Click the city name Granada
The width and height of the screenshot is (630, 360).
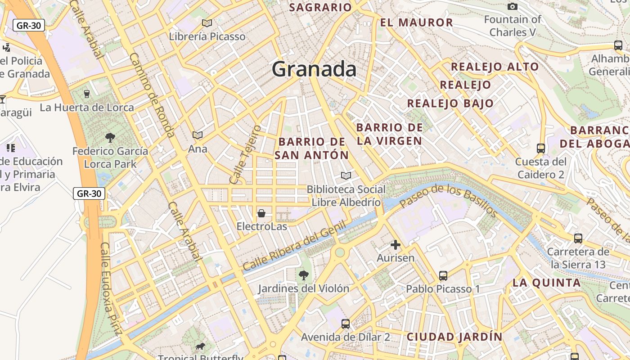pyautogui.click(x=314, y=69)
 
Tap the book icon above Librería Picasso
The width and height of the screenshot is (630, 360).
pyautogui.click(x=207, y=23)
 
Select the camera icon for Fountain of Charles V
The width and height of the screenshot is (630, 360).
pyautogui.click(x=512, y=6)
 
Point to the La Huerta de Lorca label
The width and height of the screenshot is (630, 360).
pyautogui.click(x=87, y=108)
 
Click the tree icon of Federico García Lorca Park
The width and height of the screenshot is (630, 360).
pyautogui.click(x=110, y=137)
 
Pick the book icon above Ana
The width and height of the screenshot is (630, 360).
pyautogui.click(x=198, y=135)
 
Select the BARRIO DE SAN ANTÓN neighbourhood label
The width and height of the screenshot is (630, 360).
pyautogui.click(x=312, y=148)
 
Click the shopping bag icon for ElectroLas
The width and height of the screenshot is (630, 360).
pyautogui.click(x=261, y=213)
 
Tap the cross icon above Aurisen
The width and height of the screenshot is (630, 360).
pyautogui.click(x=396, y=245)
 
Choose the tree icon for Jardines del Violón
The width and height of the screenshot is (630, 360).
pyautogui.click(x=304, y=274)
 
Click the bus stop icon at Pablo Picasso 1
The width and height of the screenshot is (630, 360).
pyautogui.click(x=443, y=275)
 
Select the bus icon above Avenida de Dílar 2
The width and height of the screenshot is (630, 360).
pyautogui.click(x=346, y=324)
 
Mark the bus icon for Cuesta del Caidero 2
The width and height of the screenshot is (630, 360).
pyautogui.click(x=541, y=148)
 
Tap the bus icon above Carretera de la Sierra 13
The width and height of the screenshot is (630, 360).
pyautogui.click(x=578, y=238)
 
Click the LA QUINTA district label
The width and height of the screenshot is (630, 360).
pyautogui.click(x=547, y=283)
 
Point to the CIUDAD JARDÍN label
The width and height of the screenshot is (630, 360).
pyautogui.click(x=454, y=337)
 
